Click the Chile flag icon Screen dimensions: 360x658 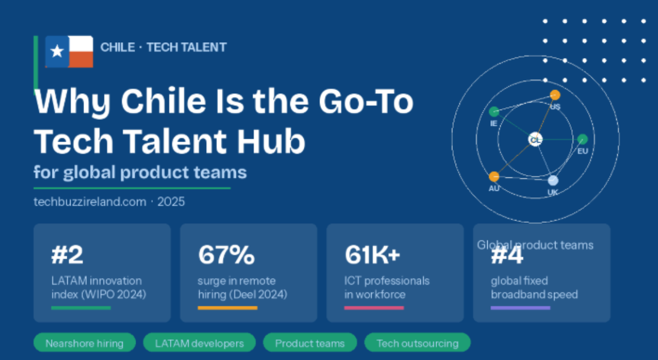(x=69, y=52)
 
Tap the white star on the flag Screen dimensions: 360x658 (x=57, y=52)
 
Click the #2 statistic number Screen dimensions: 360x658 (x=67, y=255)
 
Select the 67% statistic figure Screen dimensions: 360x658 (x=226, y=255)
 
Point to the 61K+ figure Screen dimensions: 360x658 (x=372, y=255)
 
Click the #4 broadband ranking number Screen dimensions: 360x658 (x=507, y=256)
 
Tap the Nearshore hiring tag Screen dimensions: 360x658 (x=84, y=343)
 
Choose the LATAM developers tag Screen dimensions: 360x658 (x=199, y=343)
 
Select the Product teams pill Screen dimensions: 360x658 (x=310, y=343)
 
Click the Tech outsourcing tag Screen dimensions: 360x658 (x=417, y=343)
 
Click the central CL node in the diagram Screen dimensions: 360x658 (x=535, y=140)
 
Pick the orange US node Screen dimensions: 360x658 (x=555, y=95)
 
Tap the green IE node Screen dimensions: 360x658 (x=494, y=112)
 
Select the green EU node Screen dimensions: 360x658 (x=582, y=139)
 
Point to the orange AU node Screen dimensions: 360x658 (x=494, y=177)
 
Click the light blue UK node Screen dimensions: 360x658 (x=553, y=181)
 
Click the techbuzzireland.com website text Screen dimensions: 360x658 (x=90, y=202)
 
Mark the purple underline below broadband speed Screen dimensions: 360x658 (x=520, y=308)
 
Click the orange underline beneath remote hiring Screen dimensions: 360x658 (x=227, y=308)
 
